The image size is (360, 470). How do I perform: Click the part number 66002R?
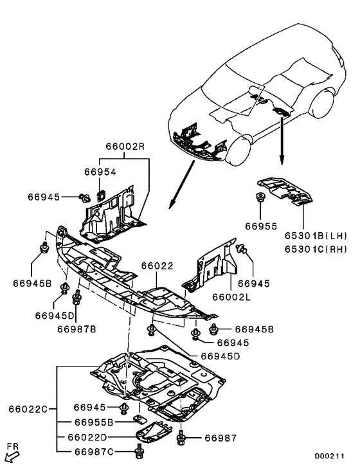pyautogui.click(x=125, y=147)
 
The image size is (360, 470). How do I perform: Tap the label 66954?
pyautogui.click(x=100, y=172)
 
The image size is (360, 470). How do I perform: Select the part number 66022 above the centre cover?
pyautogui.click(x=157, y=266)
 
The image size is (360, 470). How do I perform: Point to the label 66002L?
pyautogui.click(x=231, y=297)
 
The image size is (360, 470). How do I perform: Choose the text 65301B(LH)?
pyautogui.click(x=316, y=236)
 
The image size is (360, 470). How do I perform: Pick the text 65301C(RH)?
pyautogui.click(x=316, y=249)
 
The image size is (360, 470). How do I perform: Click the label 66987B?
pyautogui.click(x=76, y=329)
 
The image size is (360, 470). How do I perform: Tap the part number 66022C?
pyautogui.click(x=28, y=409)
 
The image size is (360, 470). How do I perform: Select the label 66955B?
pyautogui.click(x=94, y=422)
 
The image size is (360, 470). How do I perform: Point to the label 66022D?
pyautogui.click(x=87, y=437)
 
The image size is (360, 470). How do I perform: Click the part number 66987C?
pyautogui.click(x=94, y=452)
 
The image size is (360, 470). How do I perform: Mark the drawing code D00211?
pyautogui.click(x=329, y=456)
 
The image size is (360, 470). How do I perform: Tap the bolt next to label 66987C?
pyautogui.click(x=139, y=451)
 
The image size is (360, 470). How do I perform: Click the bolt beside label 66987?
pyautogui.click(x=181, y=438)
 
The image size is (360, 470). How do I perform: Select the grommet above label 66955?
pyautogui.click(x=260, y=197)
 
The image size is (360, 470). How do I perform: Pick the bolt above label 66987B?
pyautogui.click(x=76, y=297)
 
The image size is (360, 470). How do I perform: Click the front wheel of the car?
pyautogui.click(x=239, y=150)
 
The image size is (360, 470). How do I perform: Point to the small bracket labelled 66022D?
pyautogui.click(x=154, y=432)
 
